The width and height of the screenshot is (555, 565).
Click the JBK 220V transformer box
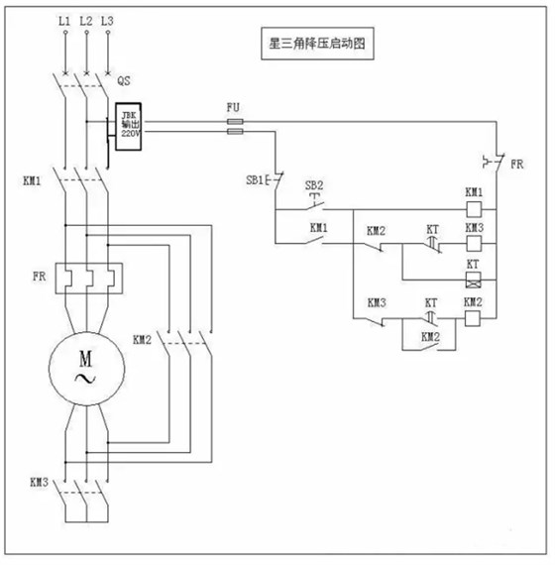coord(130,125)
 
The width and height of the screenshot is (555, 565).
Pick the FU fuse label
coord(234,105)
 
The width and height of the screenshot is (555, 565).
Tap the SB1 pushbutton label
coord(256,181)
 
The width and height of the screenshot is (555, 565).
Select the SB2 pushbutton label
coord(312,185)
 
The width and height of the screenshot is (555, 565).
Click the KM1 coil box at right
coord(474,210)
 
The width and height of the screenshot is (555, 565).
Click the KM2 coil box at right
coord(474,317)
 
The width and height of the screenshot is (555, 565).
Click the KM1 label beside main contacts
coord(31,182)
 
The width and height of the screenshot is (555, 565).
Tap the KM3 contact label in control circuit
coord(377,301)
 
